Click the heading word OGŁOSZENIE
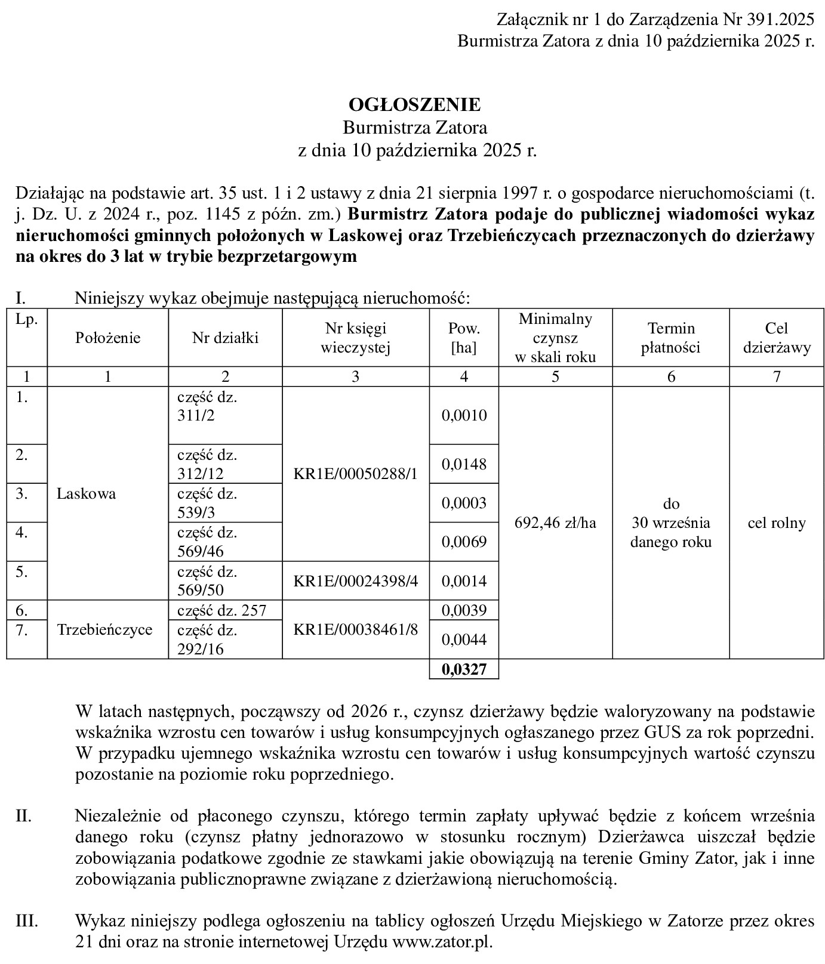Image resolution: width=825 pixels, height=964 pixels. tap(414, 105)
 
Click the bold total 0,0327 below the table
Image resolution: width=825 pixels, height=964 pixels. tap(464, 670)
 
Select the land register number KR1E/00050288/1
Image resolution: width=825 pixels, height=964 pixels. tap(356, 474)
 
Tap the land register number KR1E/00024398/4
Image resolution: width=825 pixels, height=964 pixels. tap(356, 581)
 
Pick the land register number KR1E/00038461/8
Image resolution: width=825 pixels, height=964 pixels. tap(356, 629)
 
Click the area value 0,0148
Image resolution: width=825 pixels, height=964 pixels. tap(464, 464)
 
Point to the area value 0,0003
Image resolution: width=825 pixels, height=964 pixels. tap(464, 503)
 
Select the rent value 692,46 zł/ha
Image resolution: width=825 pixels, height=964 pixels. tap(555, 523)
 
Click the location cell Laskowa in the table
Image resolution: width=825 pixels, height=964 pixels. tap(87, 494)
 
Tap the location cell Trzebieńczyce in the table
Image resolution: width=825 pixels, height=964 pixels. tap(105, 629)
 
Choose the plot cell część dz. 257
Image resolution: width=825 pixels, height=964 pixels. tap(221, 610)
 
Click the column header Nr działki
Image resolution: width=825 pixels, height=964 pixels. tap(225, 338)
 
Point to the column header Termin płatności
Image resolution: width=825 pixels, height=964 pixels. tap(671, 338)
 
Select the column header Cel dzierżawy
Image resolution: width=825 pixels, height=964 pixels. tap(777, 338)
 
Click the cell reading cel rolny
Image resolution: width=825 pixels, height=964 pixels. tap(777, 523)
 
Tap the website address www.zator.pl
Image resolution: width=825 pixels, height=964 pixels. tap(442, 942)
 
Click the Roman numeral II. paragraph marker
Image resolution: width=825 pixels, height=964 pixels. tap(23, 816)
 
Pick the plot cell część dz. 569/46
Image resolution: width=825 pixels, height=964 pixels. tap(207, 542)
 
